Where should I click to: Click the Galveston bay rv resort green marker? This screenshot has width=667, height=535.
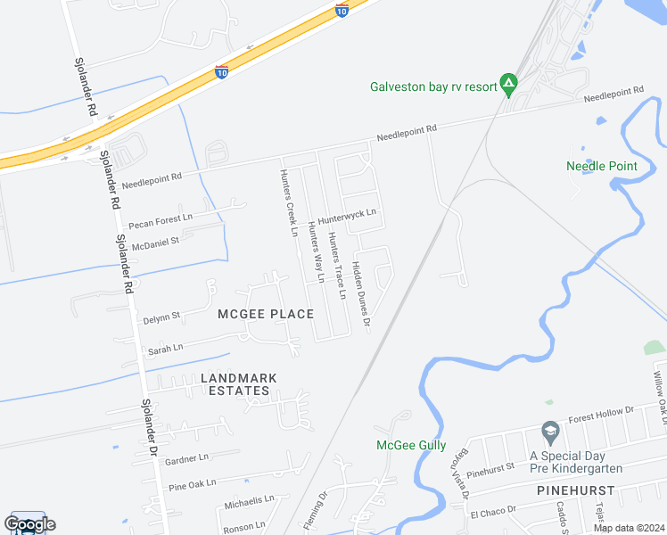pyautogui.click(x=508, y=86)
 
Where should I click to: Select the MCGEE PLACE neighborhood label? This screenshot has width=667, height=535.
pyautogui.click(x=266, y=314)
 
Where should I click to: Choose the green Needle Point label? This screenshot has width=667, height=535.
pyautogui.click(x=602, y=166)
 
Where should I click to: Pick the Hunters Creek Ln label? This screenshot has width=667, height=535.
pyautogui.click(x=288, y=202)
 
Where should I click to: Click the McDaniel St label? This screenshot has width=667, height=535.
pyautogui.click(x=156, y=241)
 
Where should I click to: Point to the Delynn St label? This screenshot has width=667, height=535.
pyautogui.click(x=161, y=316)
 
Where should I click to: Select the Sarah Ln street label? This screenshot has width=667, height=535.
pyautogui.click(x=165, y=349)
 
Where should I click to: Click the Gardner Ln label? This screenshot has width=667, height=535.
pyautogui.click(x=187, y=457)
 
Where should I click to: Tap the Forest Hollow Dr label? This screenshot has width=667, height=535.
pyautogui.click(x=603, y=410)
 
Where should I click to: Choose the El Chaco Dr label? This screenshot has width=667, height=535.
pyautogui.click(x=488, y=513)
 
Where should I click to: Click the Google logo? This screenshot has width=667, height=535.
pyautogui.click(x=29, y=524)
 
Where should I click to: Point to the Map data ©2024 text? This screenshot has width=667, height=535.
pyautogui.click(x=628, y=528)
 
